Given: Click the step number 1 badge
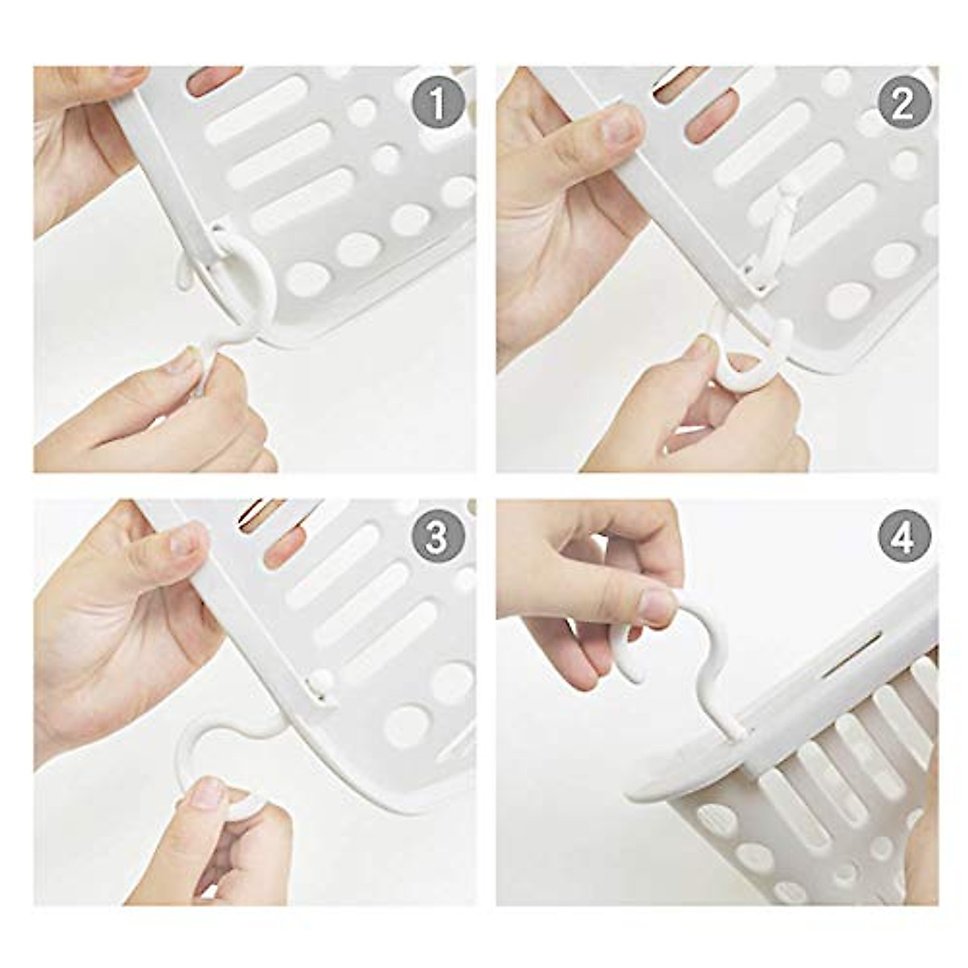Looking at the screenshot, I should (436, 105).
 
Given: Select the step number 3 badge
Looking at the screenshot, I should (436, 537).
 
